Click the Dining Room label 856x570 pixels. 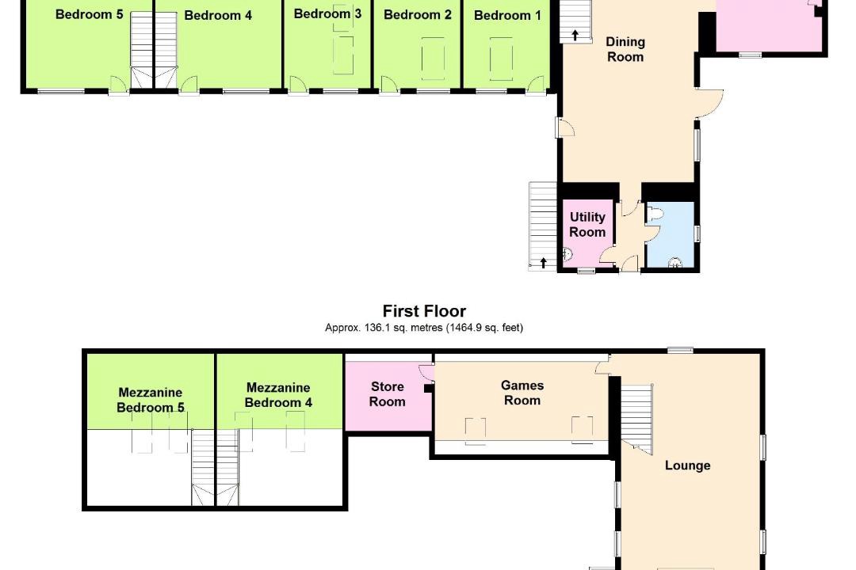point(625,49)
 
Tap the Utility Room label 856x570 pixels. point(587,224)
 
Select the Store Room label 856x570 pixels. point(387,393)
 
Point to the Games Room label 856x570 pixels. point(522,393)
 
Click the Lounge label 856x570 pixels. point(687,465)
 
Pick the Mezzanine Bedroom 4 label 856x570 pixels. point(278,395)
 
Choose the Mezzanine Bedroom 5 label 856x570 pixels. point(151,400)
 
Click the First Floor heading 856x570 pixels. point(424,311)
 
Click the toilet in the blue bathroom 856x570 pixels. point(653,214)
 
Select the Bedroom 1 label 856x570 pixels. point(507,15)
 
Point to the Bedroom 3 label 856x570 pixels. point(327,13)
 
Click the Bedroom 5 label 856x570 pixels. point(89,14)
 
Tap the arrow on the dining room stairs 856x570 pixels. point(575,36)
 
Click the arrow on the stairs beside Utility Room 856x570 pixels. point(543,263)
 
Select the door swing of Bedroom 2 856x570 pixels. point(388,85)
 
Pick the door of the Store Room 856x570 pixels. point(426,371)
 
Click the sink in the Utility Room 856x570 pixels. point(568,254)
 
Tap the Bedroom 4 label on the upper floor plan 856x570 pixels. point(218,15)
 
